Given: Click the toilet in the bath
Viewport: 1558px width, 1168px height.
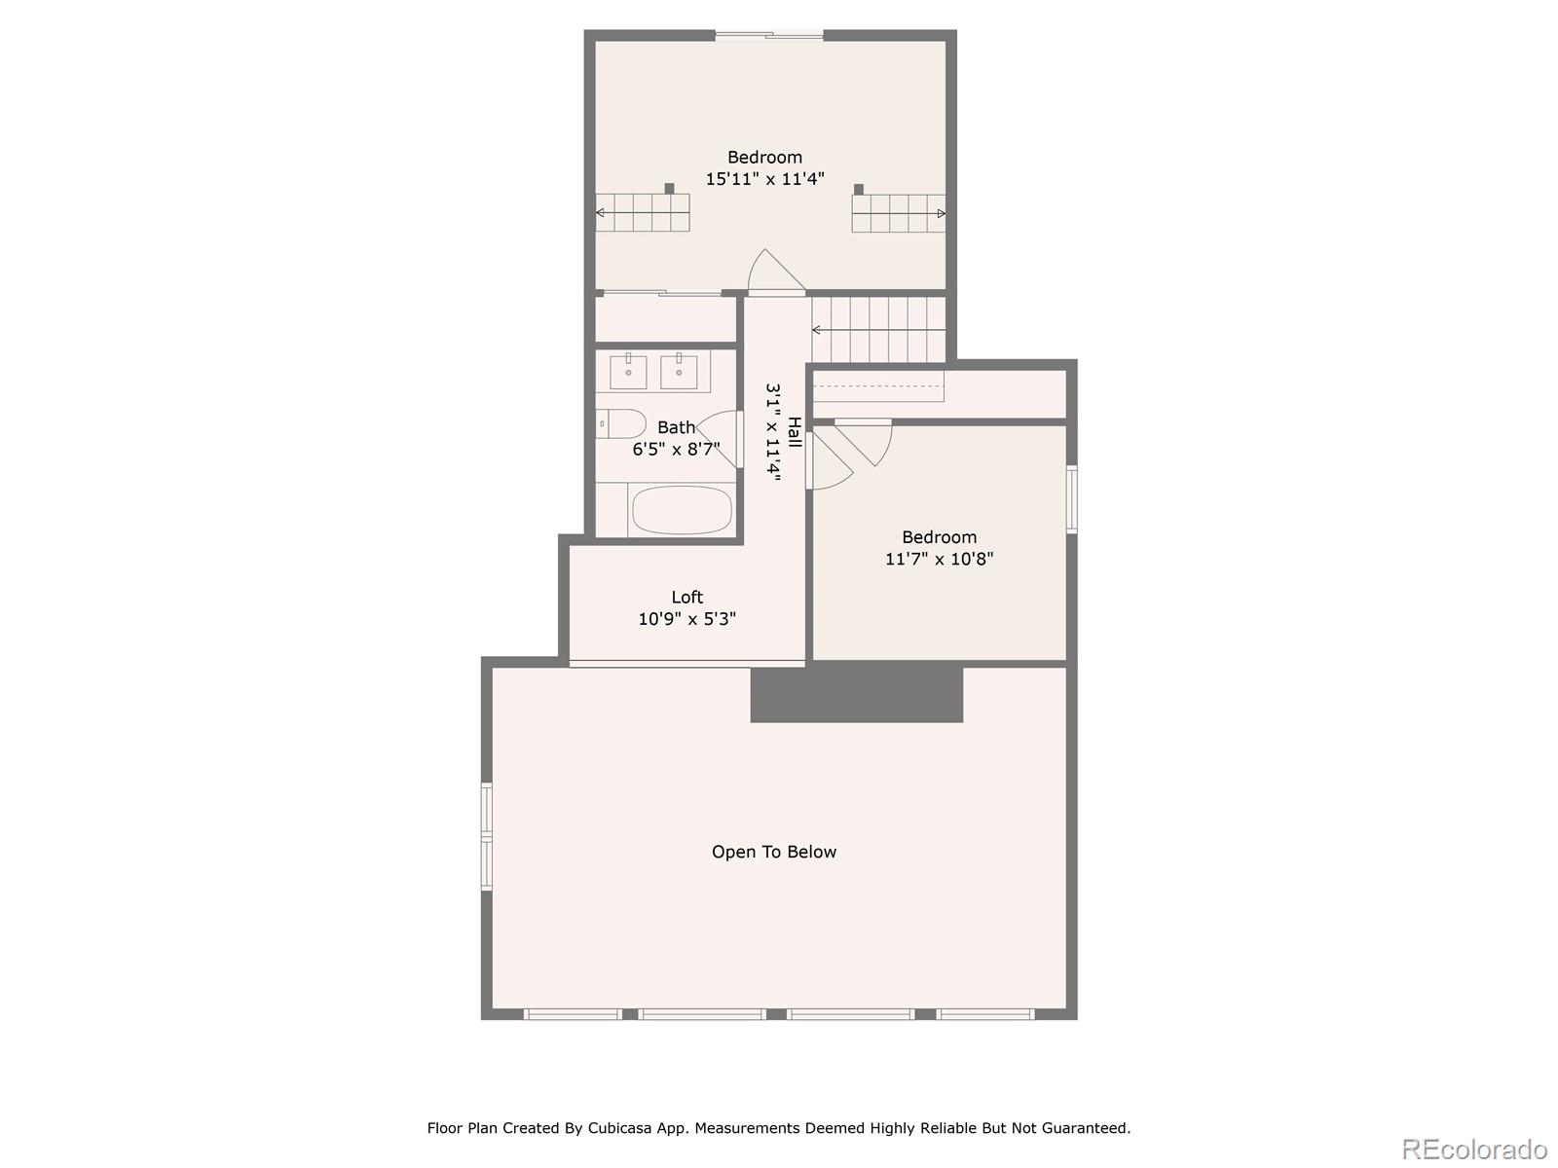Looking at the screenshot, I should pyautogui.click(x=621, y=423).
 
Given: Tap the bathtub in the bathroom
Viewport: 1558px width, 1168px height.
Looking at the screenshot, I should pyautogui.click(x=681, y=510).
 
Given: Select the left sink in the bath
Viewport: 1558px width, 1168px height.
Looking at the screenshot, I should pyautogui.click(x=628, y=372).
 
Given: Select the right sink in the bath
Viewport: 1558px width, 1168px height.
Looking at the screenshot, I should pyautogui.click(x=679, y=372).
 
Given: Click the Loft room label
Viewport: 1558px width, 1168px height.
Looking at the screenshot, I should pyautogui.click(x=686, y=597).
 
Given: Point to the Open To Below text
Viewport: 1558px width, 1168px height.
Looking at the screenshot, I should pyautogui.click(x=774, y=852).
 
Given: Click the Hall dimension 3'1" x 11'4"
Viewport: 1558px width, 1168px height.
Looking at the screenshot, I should pyautogui.click(x=773, y=432).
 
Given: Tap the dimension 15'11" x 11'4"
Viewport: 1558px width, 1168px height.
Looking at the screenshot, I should pyautogui.click(x=764, y=179).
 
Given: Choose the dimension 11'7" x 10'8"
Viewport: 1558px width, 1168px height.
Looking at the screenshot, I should pyautogui.click(x=939, y=559).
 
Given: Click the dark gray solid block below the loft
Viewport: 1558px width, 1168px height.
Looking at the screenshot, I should pyautogui.click(x=856, y=694).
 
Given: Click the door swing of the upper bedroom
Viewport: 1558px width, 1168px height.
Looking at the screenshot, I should pyautogui.click(x=774, y=272).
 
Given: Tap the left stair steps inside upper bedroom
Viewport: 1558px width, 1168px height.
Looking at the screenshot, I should pyautogui.click(x=644, y=212).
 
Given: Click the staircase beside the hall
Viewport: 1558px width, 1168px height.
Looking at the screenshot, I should pyautogui.click(x=879, y=329).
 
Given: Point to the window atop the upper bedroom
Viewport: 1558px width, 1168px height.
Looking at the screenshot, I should pyautogui.click(x=769, y=36).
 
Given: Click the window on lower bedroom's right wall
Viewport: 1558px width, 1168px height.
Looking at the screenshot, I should pyautogui.click(x=1071, y=498).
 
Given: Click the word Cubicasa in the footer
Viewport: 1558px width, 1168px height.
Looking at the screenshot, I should pyautogui.click(x=624, y=1128).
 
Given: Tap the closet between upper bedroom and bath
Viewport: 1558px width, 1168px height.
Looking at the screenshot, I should pyautogui.click(x=665, y=318).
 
